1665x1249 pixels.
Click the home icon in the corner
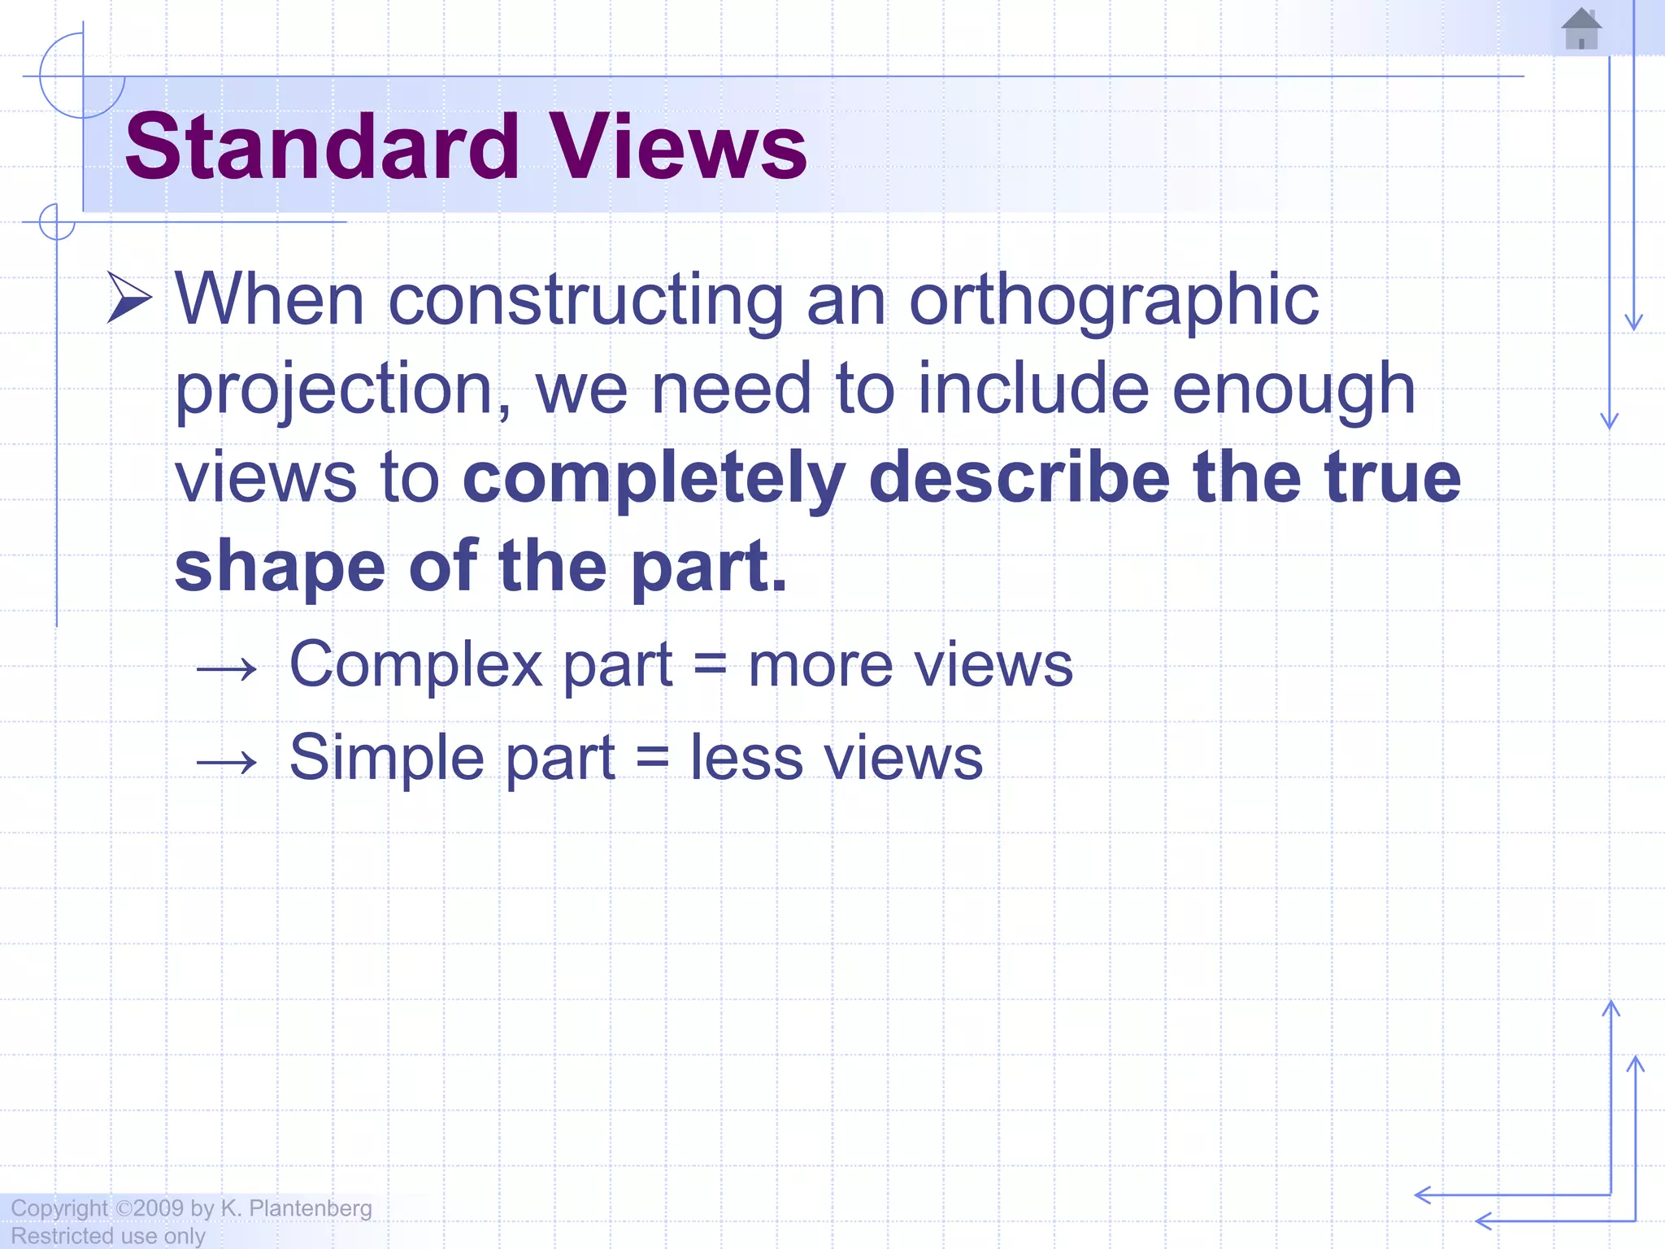click(1581, 29)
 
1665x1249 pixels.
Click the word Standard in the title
click(322, 147)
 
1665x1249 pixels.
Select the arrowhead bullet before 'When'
click(129, 298)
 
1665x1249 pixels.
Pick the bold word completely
click(654, 480)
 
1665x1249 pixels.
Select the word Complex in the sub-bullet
click(415, 666)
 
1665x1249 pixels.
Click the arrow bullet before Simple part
click(227, 762)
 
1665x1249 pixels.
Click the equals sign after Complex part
click(710, 666)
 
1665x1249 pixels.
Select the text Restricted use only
click(107, 1236)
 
